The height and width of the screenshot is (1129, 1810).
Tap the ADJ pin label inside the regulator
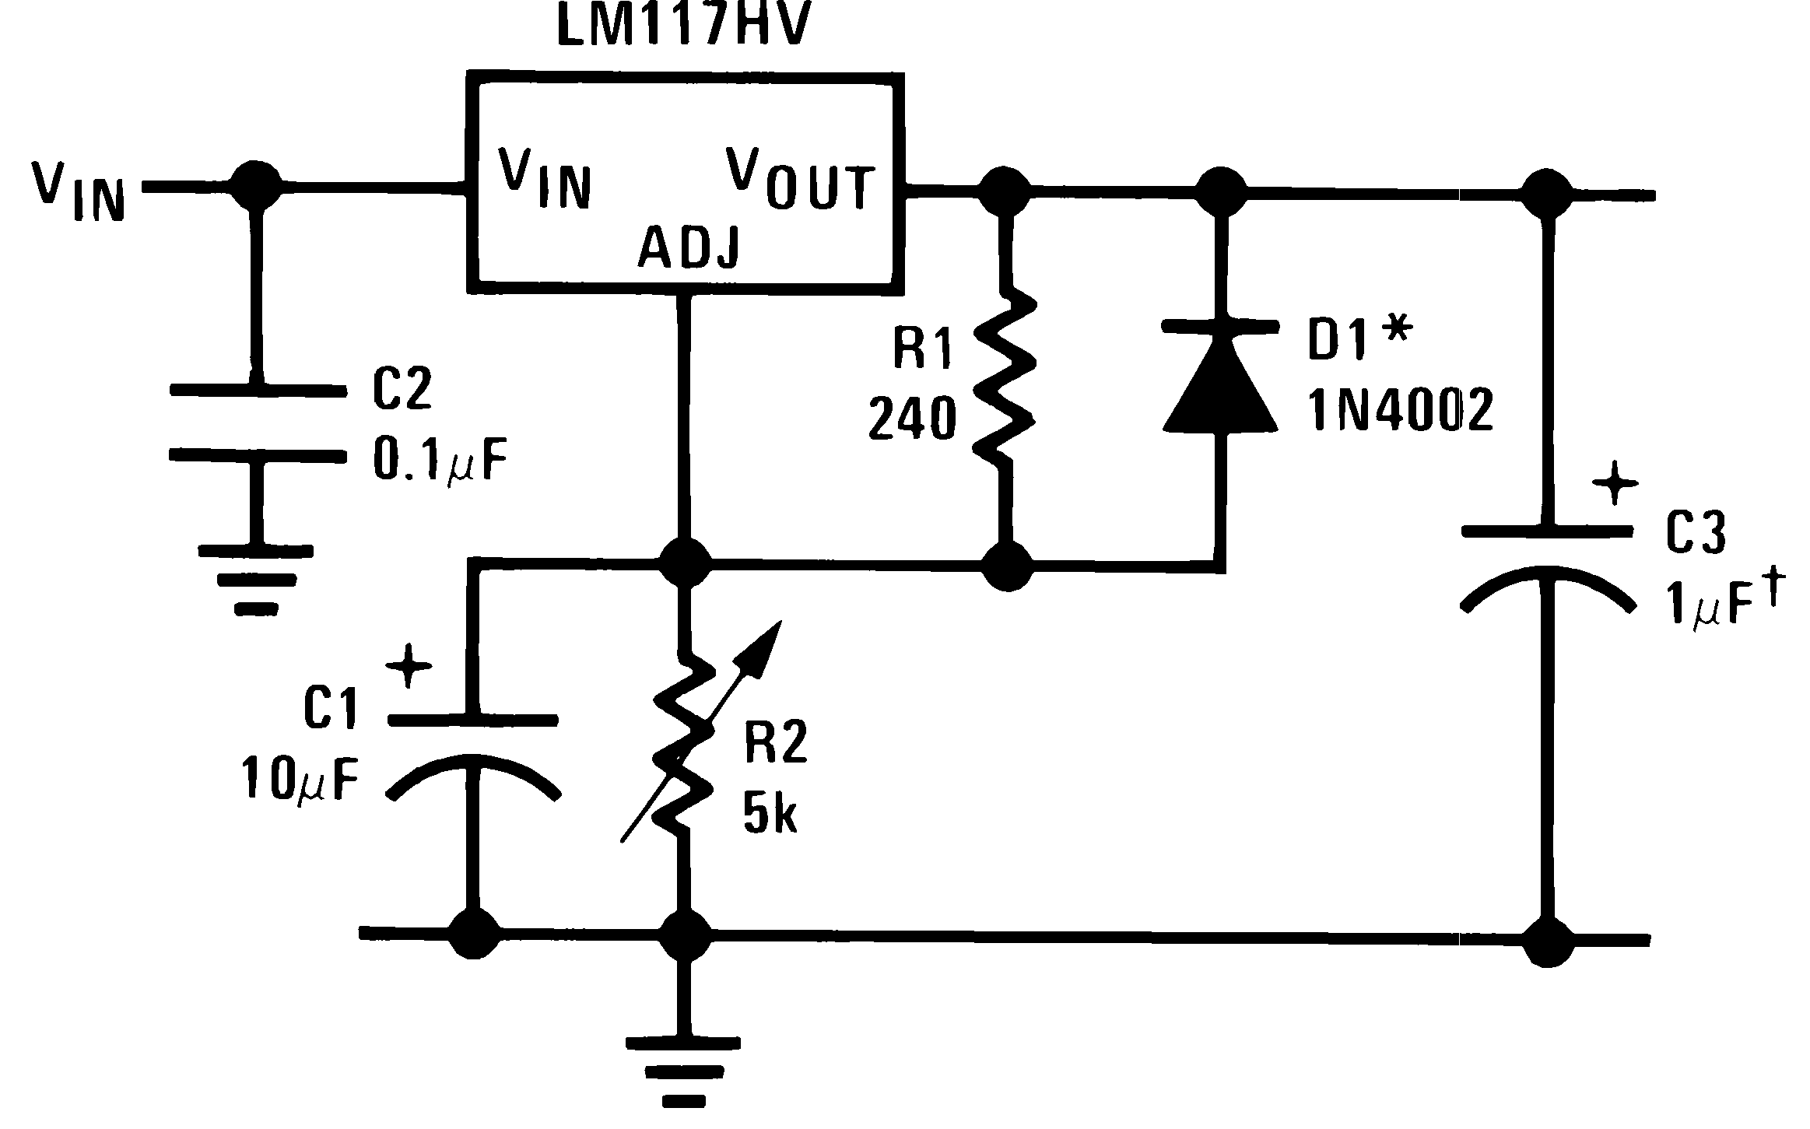pyautogui.click(x=688, y=247)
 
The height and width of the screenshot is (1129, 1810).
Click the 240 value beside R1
pyautogui.click(x=911, y=420)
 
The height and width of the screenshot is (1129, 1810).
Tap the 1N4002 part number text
pyautogui.click(x=1400, y=411)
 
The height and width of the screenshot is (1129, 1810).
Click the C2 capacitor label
pyautogui.click(x=402, y=390)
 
